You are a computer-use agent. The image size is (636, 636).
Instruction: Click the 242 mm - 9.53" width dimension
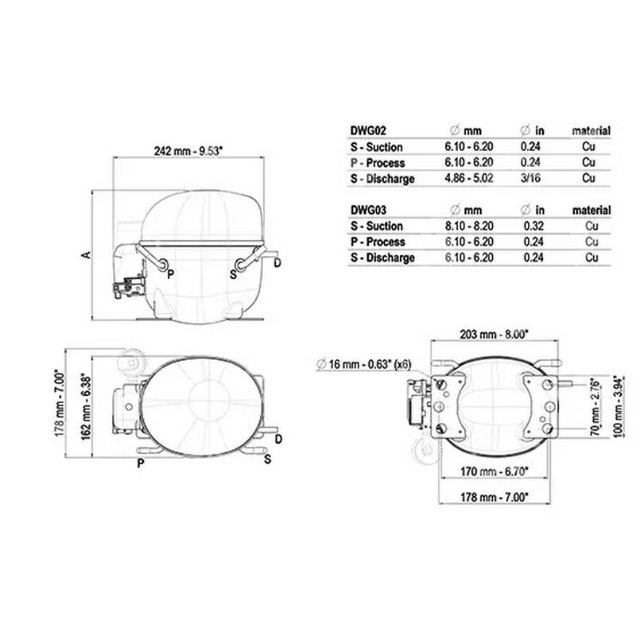pyautogui.click(x=188, y=151)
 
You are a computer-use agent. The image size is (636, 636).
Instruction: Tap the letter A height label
pyautogui.click(x=87, y=254)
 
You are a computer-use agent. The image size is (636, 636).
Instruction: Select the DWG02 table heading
pyautogui.click(x=368, y=130)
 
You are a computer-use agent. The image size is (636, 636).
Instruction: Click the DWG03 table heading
pyautogui.click(x=368, y=210)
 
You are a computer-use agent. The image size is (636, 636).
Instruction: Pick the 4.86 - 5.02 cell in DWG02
pyautogui.click(x=469, y=178)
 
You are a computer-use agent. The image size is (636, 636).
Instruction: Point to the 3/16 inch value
pyautogui.click(x=530, y=178)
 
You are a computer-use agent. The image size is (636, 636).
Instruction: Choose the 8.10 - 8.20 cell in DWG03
pyautogui.click(x=469, y=226)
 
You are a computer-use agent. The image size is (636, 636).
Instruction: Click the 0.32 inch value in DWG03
pyautogui.click(x=533, y=226)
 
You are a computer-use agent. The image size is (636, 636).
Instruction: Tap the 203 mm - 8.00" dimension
pyautogui.click(x=494, y=335)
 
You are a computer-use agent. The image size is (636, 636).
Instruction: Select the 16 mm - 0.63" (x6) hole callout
pyautogui.click(x=363, y=364)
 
